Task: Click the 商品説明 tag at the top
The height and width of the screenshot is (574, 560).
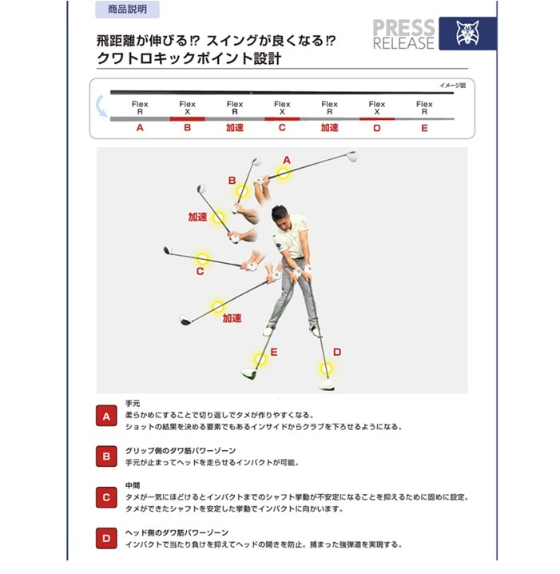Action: point(127,9)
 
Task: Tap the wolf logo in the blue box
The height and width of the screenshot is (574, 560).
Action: point(467,33)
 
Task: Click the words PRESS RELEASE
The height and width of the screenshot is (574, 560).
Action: point(403,34)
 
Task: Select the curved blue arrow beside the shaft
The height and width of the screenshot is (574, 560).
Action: point(101,106)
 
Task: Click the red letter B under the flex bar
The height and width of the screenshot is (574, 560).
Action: point(187,128)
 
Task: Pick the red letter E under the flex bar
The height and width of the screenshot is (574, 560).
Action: point(424,128)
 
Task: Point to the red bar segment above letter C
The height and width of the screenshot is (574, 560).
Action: point(282,119)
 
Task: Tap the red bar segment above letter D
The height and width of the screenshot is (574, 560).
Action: point(377,119)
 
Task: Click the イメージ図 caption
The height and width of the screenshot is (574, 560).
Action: point(452,86)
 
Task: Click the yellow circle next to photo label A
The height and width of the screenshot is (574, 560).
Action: point(283,173)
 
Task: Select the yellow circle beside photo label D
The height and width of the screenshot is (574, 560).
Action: point(326,369)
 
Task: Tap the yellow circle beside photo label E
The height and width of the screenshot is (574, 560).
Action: point(260,359)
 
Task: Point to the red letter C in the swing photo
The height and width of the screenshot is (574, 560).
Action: point(200,271)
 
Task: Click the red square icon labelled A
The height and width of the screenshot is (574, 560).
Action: point(106,416)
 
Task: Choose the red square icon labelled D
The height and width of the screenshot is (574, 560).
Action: point(106,538)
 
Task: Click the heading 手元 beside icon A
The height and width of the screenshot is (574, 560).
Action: point(133,404)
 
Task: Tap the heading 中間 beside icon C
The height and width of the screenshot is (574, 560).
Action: point(133,485)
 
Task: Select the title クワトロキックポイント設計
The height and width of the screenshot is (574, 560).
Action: point(189,58)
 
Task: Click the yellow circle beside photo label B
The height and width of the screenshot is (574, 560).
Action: point(242,191)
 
